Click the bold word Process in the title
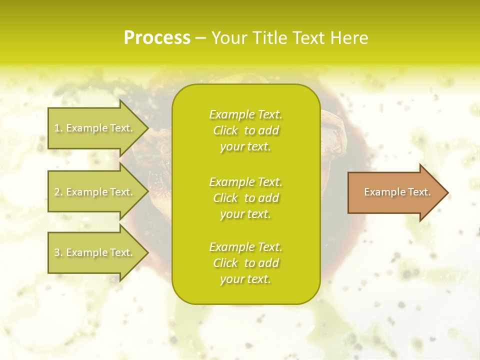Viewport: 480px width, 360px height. [157, 38]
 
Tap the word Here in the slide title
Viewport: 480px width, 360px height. [349, 38]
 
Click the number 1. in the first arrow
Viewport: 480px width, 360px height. [58, 128]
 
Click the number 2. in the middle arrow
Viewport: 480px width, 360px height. [58, 192]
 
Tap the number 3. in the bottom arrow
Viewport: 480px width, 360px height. [58, 252]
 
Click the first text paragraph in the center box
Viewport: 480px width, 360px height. [246, 130]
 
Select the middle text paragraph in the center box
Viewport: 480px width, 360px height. [246, 198]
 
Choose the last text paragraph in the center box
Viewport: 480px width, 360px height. [246, 263]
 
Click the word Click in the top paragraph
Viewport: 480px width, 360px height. [225, 130]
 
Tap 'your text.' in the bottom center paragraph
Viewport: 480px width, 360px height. [245, 279]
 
